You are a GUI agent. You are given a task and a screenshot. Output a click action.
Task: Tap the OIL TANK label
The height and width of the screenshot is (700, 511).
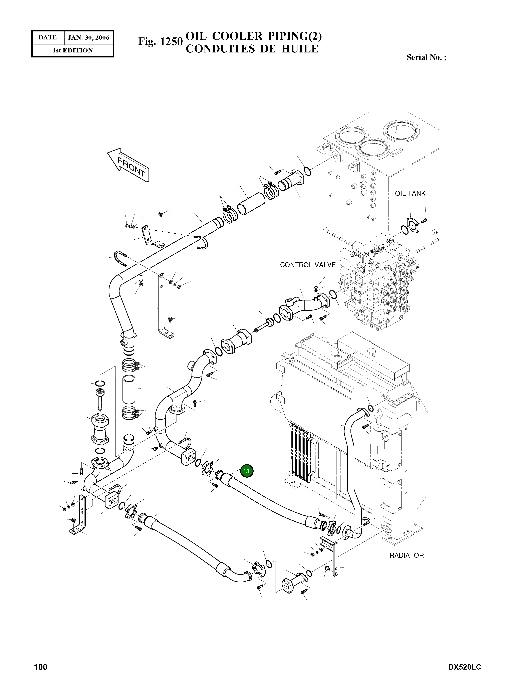tap(410, 193)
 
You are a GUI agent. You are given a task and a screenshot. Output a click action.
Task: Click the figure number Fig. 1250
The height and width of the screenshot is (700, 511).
tap(160, 41)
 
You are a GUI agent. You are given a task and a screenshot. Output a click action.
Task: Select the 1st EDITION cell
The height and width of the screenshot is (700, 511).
tap(72, 50)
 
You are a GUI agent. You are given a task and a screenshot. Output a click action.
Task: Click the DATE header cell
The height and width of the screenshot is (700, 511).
tap(48, 38)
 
